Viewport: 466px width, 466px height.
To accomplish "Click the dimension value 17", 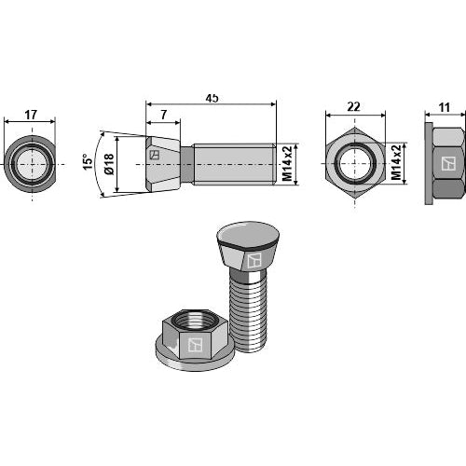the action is [x=31, y=115].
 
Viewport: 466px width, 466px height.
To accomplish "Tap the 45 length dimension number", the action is [x=212, y=98].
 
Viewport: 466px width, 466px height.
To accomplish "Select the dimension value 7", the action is [x=164, y=115].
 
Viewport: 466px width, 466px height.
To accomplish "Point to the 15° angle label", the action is [x=88, y=161].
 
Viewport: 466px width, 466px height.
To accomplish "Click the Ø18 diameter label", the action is [x=109, y=164].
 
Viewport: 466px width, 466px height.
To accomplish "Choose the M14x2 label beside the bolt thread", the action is [x=287, y=163].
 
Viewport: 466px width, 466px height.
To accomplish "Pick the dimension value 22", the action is [x=353, y=107].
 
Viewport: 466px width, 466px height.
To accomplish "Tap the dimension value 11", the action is [x=444, y=108].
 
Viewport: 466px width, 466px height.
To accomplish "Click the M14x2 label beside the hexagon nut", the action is [x=396, y=163].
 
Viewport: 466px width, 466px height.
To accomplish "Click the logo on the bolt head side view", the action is [x=155, y=155].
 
